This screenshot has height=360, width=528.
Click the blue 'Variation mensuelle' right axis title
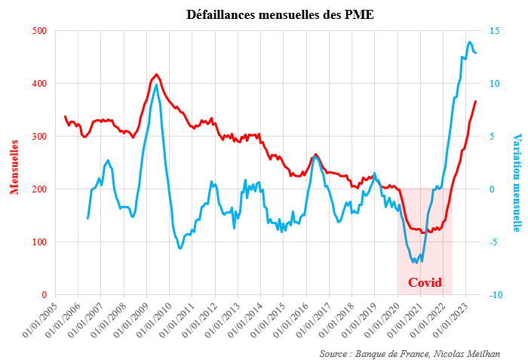click(x=517, y=183)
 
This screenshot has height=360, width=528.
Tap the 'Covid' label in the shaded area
click(x=425, y=283)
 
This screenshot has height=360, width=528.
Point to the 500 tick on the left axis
click(x=39, y=31)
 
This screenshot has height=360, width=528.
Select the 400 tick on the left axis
click(x=39, y=84)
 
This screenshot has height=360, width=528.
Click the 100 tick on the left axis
click(x=39, y=242)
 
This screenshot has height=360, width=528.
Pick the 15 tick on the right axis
click(x=494, y=31)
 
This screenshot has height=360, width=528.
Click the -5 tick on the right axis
click(x=494, y=242)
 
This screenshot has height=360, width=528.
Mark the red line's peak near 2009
click(x=156, y=75)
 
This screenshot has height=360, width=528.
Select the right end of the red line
click(x=475, y=101)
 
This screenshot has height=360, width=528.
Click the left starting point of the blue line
click(x=87, y=218)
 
